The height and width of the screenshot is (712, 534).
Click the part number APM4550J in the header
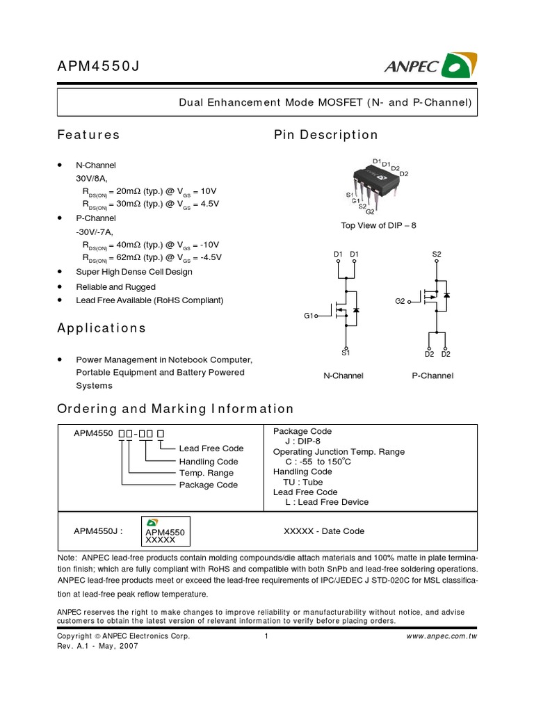click(x=102, y=67)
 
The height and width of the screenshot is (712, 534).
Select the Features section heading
click(x=88, y=135)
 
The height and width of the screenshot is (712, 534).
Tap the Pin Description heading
click(x=326, y=135)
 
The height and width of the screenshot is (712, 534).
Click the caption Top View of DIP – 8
click(x=378, y=226)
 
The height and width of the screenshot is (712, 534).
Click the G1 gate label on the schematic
click(x=309, y=316)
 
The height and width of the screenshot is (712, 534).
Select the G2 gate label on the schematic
click(x=400, y=301)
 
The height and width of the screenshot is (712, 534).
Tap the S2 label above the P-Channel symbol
click(x=437, y=254)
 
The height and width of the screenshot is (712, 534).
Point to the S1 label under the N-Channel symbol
click(x=346, y=353)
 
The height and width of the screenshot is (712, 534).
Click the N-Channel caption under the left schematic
click(x=343, y=375)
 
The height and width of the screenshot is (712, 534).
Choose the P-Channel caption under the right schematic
click(x=432, y=375)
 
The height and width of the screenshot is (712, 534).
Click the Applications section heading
click(x=102, y=327)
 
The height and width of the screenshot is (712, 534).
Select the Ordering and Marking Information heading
click(x=175, y=409)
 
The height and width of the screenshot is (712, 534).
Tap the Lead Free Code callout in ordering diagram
click(x=211, y=448)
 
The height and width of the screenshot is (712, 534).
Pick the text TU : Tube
click(x=304, y=482)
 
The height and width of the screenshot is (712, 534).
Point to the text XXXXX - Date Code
click(x=324, y=531)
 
